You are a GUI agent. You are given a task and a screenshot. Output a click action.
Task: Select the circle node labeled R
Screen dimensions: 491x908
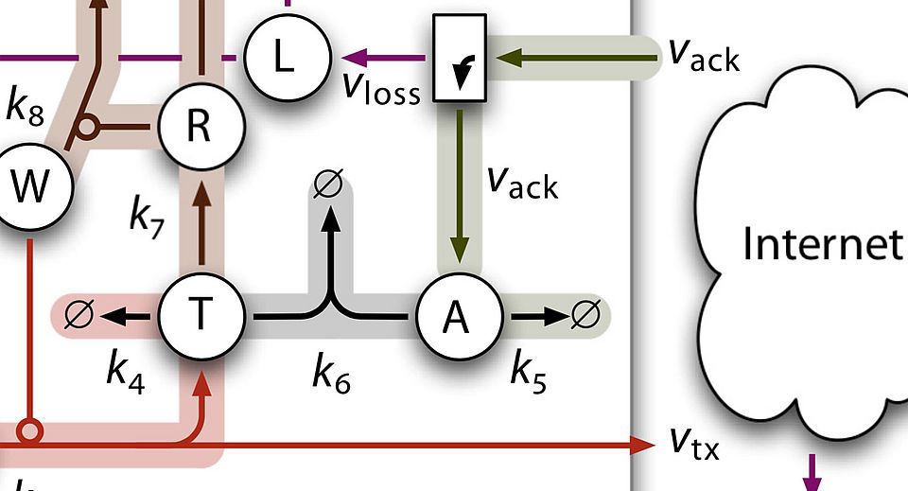(x=199, y=125)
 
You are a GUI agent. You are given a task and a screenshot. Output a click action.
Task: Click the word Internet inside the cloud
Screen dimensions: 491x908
(x=821, y=243)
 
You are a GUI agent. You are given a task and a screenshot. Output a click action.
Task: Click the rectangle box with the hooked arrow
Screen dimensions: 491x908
(x=460, y=58)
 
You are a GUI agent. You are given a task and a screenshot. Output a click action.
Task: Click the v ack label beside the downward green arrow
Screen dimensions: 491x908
(x=522, y=180)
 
